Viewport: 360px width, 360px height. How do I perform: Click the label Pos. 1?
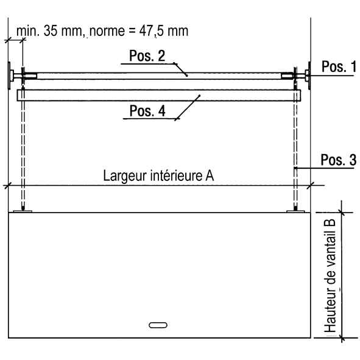pyautogui.click(x=339, y=66)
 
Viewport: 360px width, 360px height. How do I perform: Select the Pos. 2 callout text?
pyautogui.click(x=147, y=55)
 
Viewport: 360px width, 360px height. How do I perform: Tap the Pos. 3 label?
pyautogui.click(x=339, y=160)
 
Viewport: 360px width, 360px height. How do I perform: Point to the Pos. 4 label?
pyautogui.click(x=147, y=111)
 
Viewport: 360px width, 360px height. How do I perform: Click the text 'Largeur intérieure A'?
pyautogui.click(x=158, y=175)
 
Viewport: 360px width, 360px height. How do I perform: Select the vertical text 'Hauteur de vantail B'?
pyautogui.click(x=330, y=276)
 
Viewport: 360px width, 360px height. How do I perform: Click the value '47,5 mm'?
pyautogui.click(x=164, y=31)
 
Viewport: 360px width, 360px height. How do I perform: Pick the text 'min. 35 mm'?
pyautogui.click(x=49, y=31)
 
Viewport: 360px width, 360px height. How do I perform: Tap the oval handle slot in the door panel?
pyautogui.click(x=158, y=325)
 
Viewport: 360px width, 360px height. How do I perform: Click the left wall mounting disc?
pyautogui.click(x=9, y=76)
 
